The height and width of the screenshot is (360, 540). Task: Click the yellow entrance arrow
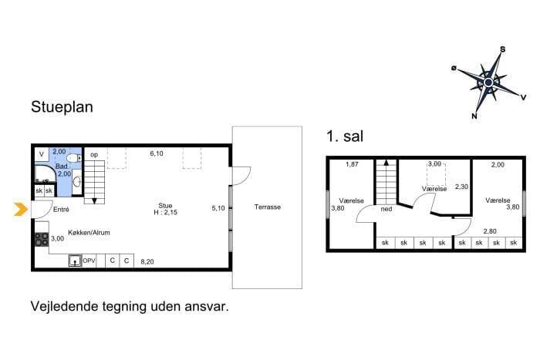click(x=21, y=209)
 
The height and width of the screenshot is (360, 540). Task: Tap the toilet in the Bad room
click(x=74, y=158)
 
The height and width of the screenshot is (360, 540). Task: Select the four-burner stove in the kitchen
click(x=42, y=240)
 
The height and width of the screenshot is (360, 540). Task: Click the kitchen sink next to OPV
click(x=75, y=261)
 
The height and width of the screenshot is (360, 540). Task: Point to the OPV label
click(x=89, y=261)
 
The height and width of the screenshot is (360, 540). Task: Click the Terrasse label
click(x=268, y=207)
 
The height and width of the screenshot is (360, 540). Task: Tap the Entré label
click(x=61, y=209)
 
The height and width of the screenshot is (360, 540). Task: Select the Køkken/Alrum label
click(x=89, y=233)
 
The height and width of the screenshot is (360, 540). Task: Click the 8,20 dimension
click(x=147, y=262)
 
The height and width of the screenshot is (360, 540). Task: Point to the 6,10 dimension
click(x=157, y=153)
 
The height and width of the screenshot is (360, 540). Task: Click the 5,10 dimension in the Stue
click(x=218, y=208)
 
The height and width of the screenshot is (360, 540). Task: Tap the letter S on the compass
click(x=502, y=49)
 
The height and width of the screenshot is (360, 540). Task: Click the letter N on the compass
click(x=474, y=116)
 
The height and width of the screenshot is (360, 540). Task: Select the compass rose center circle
click(x=488, y=82)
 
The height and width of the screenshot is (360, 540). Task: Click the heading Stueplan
click(x=62, y=106)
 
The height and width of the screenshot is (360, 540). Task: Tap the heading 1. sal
click(x=345, y=136)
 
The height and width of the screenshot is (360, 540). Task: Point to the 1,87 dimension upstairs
click(x=352, y=164)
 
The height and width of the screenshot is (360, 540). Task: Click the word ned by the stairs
click(x=386, y=209)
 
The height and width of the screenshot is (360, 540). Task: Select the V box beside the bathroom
click(x=42, y=154)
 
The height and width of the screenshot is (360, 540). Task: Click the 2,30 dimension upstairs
click(x=461, y=187)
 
